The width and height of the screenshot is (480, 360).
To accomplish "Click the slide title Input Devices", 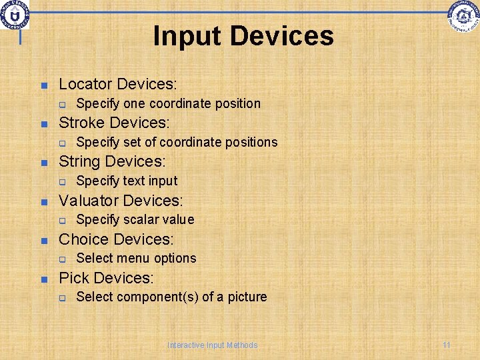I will click(x=243, y=36).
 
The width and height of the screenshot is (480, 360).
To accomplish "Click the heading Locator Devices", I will click(x=118, y=84).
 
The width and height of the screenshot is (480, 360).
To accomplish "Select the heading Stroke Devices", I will click(x=115, y=123).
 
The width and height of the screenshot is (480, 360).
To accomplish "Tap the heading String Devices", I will click(x=112, y=161).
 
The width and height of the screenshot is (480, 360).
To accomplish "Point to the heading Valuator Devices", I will click(x=121, y=200).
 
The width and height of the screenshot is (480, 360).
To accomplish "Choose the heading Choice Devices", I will click(x=116, y=239).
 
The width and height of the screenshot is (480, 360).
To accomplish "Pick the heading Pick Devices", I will click(x=106, y=277).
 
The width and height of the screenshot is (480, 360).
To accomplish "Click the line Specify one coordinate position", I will click(x=168, y=103).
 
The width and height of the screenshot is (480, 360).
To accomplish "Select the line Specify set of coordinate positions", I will click(x=177, y=142).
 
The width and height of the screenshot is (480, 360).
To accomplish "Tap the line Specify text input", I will click(x=127, y=181).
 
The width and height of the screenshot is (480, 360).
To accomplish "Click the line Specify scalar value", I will click(x=135, y=219).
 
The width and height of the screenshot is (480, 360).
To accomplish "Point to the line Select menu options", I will click(x=136, y=258).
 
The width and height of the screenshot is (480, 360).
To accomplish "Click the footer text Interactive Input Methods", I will click(x=212, y=345).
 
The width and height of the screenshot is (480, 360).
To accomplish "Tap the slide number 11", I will click(x=447, y=345).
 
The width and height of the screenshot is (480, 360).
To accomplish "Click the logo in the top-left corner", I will click(x=15, y=15).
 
